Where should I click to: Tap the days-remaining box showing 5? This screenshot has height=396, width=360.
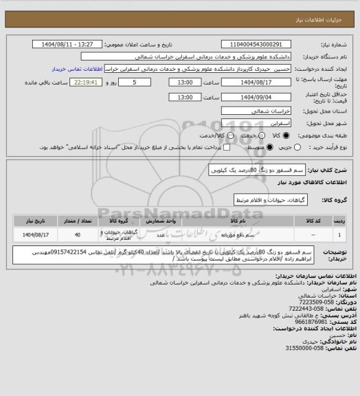[x=133, y=82]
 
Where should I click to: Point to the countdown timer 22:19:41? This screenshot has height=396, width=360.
[x=86, y=82]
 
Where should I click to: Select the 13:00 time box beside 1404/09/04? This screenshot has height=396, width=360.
[x=184, y=97]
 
